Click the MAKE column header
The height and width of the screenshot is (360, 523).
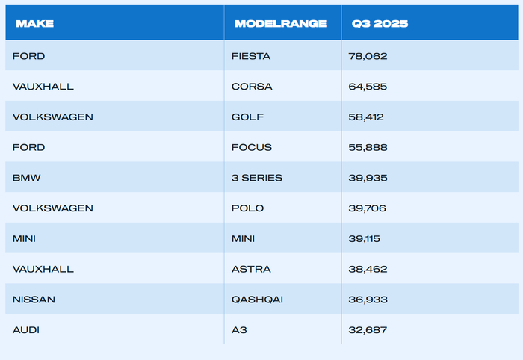point(34,24)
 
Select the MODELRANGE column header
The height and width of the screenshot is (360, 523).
point(280,24)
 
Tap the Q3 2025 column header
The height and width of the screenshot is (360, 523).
point(380,24)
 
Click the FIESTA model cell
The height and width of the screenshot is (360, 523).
point(251,56)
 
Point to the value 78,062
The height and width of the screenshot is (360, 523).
point(368,56)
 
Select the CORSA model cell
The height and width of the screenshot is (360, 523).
point(252,87)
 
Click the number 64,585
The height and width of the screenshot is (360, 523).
point(368,87)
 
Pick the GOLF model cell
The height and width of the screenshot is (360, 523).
point(247,117)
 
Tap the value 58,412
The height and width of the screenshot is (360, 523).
point(366,117)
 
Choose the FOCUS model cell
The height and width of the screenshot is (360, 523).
point(252,147)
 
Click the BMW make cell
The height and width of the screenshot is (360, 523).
point(26,178)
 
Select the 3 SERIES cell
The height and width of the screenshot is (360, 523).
point(257,178)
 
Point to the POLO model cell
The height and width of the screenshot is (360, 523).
point(247,208)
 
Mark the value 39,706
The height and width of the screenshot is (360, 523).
point(368,208)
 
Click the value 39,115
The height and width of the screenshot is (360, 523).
point(365,239)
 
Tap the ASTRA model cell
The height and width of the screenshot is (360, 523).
point(251,269)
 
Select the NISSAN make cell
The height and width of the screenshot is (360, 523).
point(34,300)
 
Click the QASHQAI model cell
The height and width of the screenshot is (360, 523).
point(257,300)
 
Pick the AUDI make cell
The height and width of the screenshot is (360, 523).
point(26,330)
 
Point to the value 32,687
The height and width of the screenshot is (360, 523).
point(368,330)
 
